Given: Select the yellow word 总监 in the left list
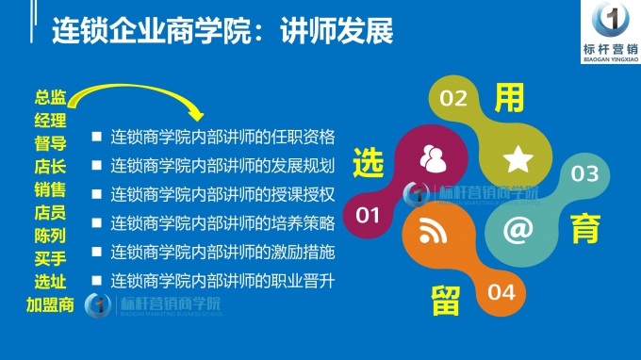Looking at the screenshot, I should (50, 98).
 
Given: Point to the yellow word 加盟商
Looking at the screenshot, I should (50, 304).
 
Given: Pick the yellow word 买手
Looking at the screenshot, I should (50, 258).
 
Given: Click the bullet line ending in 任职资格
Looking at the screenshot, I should (222, 136).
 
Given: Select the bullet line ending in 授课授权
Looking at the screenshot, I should (222, 195).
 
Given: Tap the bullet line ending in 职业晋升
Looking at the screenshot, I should (222, 281).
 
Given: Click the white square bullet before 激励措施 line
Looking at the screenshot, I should (96, 252).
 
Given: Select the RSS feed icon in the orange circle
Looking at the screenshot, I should (434, 229).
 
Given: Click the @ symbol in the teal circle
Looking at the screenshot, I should (518, 229).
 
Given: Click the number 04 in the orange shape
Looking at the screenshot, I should (501, 291).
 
